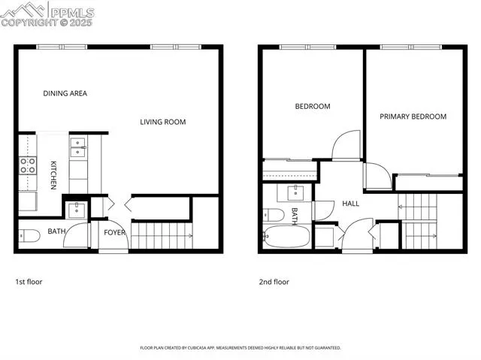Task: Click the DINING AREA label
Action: pyautogui.click(x=65, y=94)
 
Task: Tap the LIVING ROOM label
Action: pyautogui.click(x=163, y=122)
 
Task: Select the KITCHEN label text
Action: pyautogui.click(x=54, y=175)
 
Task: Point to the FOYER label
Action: pyautogui.click(x=114, y=233)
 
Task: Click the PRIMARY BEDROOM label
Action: pyautogui.click(x=413, y=116)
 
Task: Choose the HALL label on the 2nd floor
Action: pyautogui.click(x=351, y=204)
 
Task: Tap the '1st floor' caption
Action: pyautogui.click(x=29, y=282)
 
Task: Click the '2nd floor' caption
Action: pyautogui.click(x=274, y=282)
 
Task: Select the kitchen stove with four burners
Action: pyautogui.click(x=28, y=165)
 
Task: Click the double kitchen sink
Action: pyautogui.click(x=78, y=147)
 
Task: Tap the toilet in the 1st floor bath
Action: pyautogui.click(x=28, y=235)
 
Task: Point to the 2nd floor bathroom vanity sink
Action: pyautogui.click(x=295, y=191)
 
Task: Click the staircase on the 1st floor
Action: pyautogui.click(x=161, y=235)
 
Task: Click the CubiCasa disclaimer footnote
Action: pyautogui.click(x=240, y=348)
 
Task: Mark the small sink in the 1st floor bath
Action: pyautogui.click(x=77, y=208)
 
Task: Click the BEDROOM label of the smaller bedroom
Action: pyautogui.click(x=312, y=107)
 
